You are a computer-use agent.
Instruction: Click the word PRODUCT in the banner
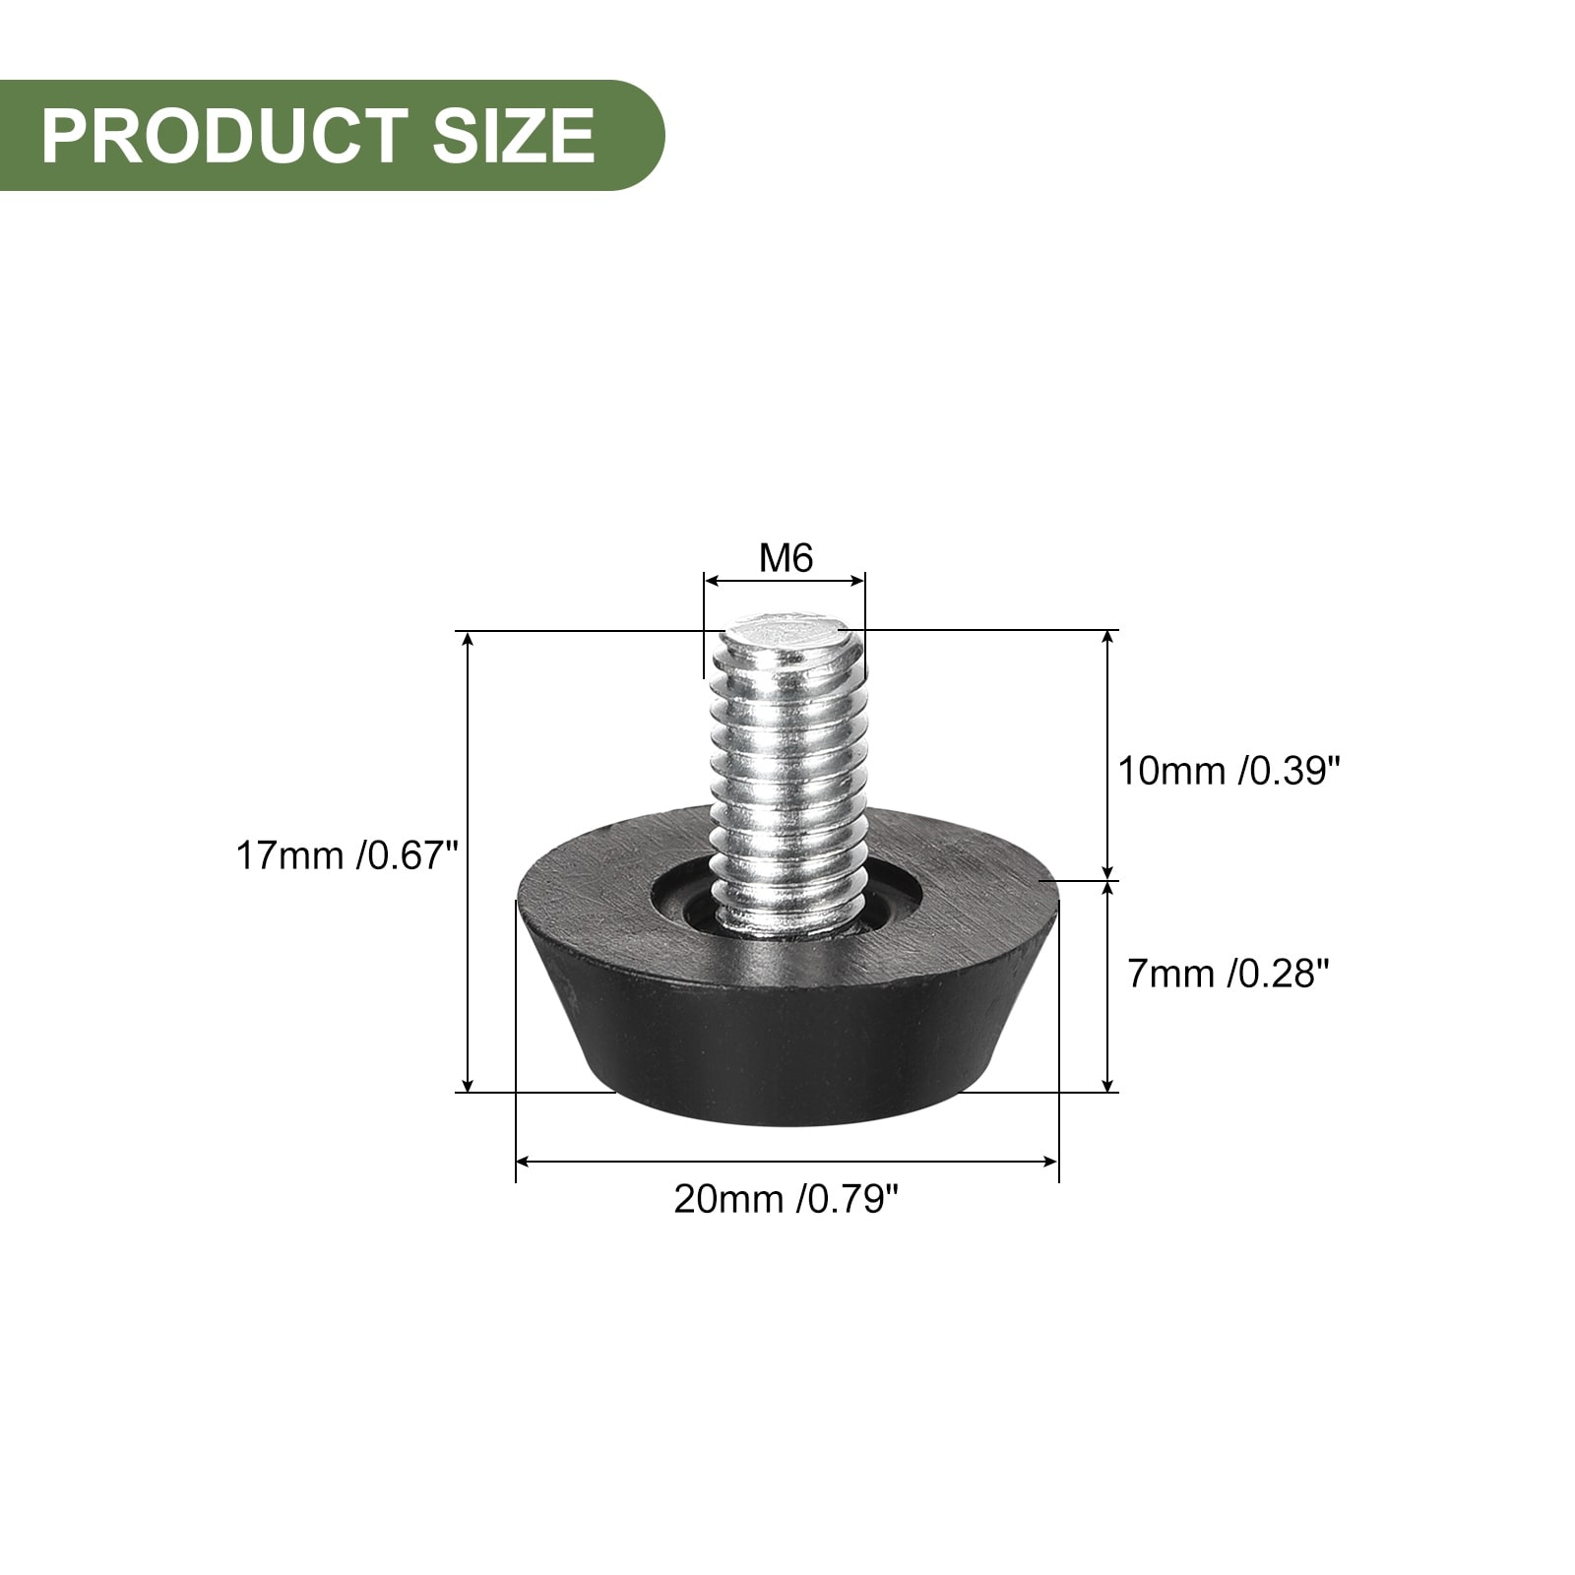pyautogui.click(x=224, y=135)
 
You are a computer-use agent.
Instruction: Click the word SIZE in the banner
pyautogui.click(x=513, y=135)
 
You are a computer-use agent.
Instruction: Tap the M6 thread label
pyautogui.click(x=786, y=558)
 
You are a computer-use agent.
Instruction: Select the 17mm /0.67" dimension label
pyautogui.click(x=347, y=855)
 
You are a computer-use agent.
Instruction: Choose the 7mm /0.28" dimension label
pyautogui.click(x=1228, y=975)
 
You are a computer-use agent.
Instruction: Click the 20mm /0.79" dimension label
pyautogui.click(x=787, y=1199)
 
